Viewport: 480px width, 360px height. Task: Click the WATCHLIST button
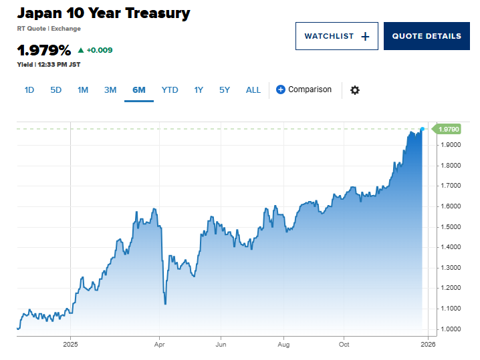click(336, 36)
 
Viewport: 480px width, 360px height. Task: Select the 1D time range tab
click(29, 90)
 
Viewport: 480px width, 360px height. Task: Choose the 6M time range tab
click(139, 90)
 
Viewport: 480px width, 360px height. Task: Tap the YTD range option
click(170, 90)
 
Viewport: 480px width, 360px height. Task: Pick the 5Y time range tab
click(225, 90)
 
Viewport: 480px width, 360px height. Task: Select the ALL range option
click(253, 90)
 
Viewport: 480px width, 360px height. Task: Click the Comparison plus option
click(304, 89)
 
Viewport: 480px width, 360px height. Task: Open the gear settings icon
click(355, 90)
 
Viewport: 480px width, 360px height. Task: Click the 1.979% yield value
click(44, 50)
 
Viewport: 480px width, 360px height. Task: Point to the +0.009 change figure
click(100, 50)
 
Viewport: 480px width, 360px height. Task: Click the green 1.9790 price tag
click(449, 129)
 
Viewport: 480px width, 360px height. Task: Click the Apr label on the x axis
click(159, 345)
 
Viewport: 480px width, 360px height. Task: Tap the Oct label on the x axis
click(344, 345)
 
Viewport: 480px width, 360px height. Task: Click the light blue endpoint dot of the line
click(422, 128)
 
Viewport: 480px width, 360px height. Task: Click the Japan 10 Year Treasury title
click(104, 13)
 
